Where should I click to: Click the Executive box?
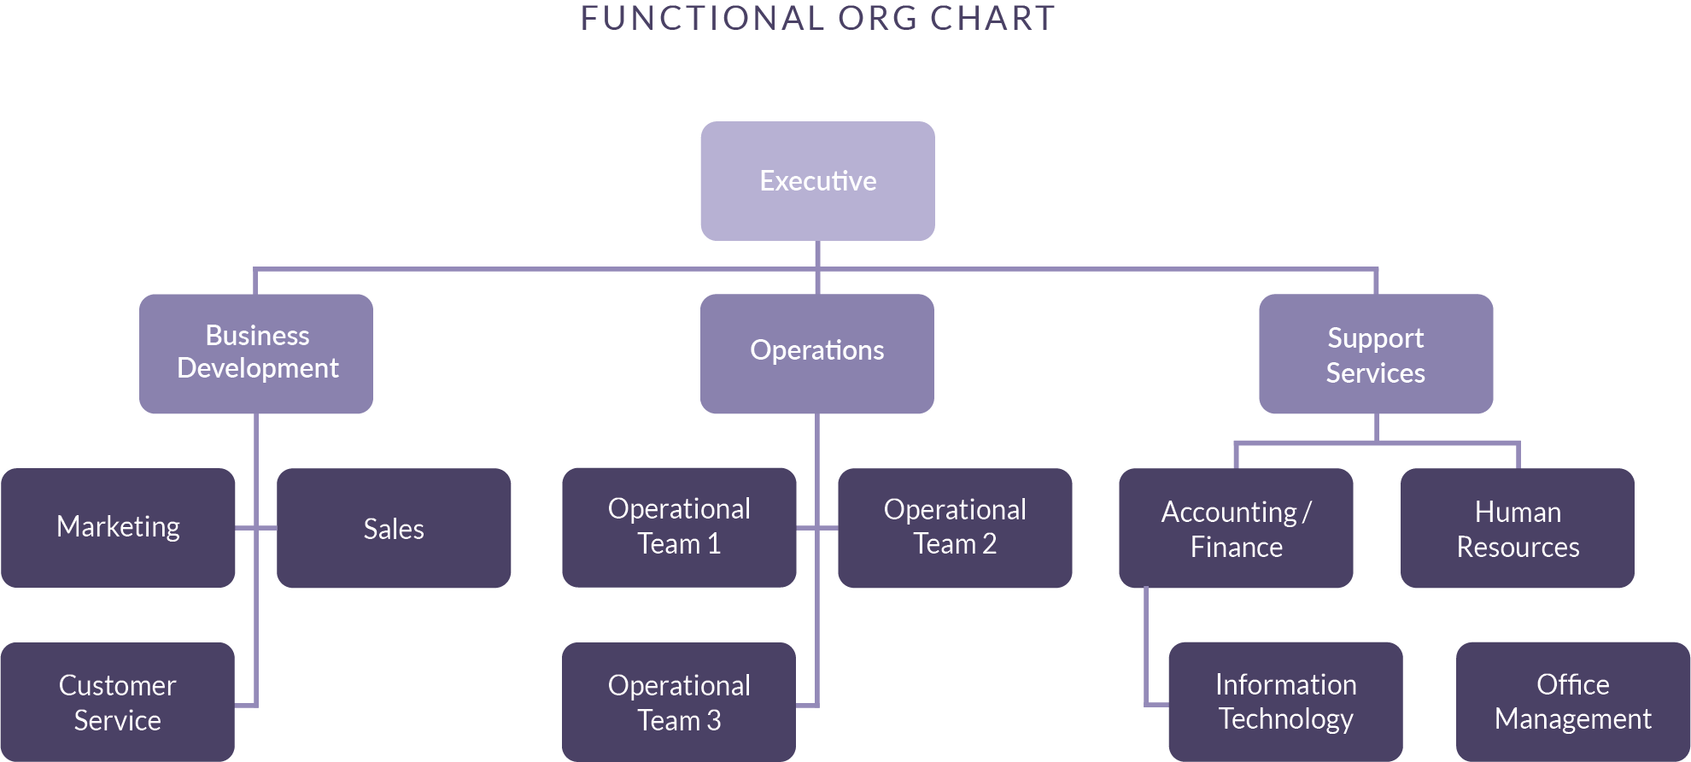point(817,181)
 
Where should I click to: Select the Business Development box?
point(256,354)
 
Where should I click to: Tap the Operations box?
point(817,354)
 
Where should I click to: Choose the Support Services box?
point(1376,354)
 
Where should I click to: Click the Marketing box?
point(118,527)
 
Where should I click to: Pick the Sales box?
point(394,528)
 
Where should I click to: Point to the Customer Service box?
point(118,701)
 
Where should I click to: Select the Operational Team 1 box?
point(679,527)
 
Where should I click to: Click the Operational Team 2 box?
point(955,528)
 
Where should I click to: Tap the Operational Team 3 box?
point(679,701)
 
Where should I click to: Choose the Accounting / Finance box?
point(1236,528)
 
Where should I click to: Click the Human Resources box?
point(1518,528)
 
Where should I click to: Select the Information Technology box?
point(1285,701)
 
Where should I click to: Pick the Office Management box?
point(1573,701)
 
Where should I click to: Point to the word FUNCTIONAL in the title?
point(701,19)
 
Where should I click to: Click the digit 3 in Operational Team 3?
point(713,721)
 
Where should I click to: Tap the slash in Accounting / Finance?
point(1307,513)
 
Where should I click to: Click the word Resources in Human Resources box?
point(1518,548)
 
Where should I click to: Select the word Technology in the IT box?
point(1285,720)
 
